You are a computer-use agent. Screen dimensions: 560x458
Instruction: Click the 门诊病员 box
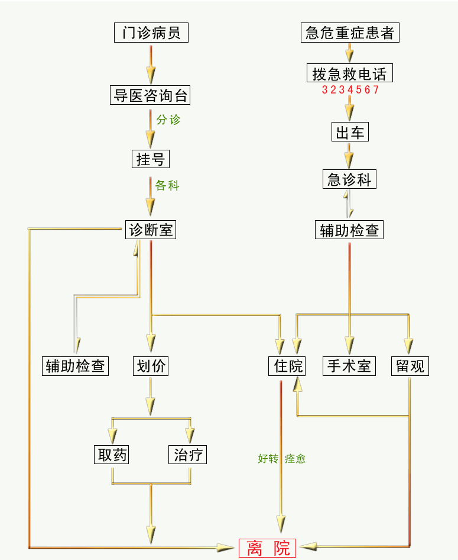click(x=151, y=33)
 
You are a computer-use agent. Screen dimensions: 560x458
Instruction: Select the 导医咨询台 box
click(x=151, y=95)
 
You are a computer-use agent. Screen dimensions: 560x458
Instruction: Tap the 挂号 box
click(x=150, y=159)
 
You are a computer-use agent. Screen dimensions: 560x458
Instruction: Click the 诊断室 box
click(x=151, y=229)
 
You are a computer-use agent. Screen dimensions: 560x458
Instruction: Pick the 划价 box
click(x=151, y=366)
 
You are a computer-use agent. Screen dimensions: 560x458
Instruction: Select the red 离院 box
click(x=267, y=548)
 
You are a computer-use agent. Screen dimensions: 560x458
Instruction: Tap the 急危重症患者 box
click(x=349, y=33)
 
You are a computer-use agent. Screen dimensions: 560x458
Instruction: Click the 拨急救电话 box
click(x=349, y=74)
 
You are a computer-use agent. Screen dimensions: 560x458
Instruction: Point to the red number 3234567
click(x=350, y=90)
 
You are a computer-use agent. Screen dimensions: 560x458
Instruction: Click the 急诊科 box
click(x=349, y=179)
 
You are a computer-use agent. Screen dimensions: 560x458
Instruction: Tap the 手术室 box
click(x=349, y=366)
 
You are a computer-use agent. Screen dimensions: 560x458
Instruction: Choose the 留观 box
click(x=410, y=366)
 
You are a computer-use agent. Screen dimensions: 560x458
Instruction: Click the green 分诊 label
click(x=168, y=120)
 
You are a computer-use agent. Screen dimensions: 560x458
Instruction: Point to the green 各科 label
click(x=167, y=186)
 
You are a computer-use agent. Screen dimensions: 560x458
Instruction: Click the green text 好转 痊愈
click(x=282, y=458)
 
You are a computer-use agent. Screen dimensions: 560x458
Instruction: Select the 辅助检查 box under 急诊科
click(x=349, y=230)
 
